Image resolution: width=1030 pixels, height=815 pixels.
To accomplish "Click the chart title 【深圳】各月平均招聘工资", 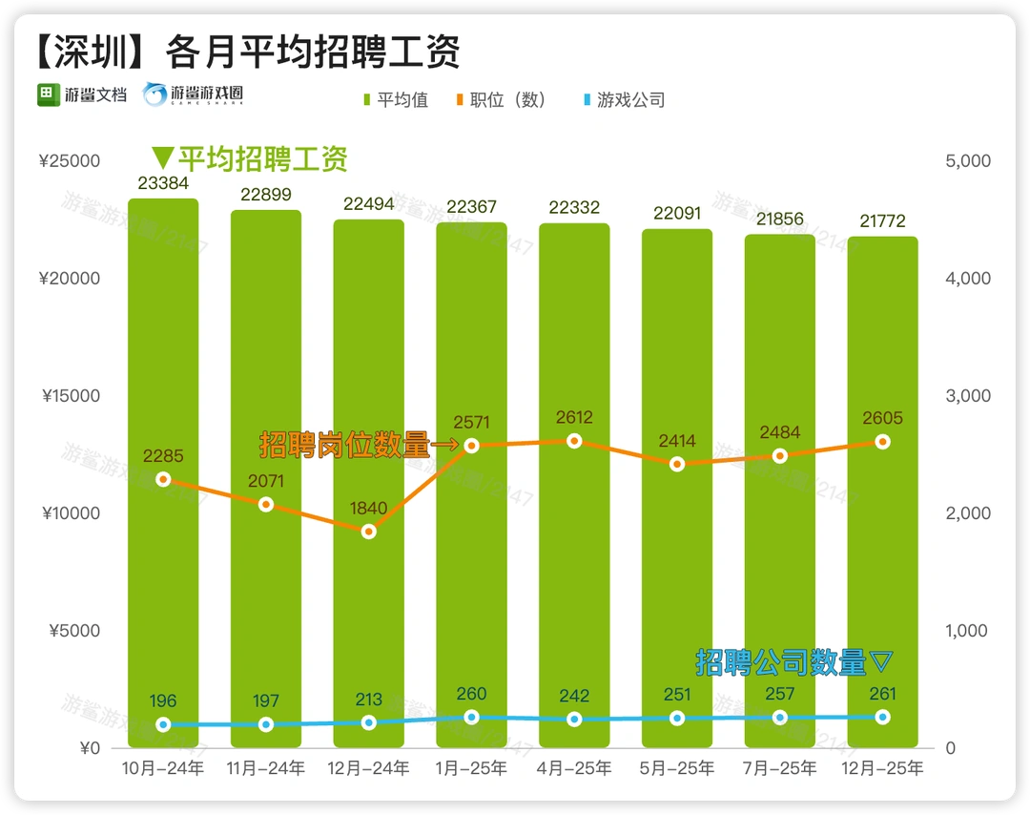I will pyautogui.click(x=249, y=52).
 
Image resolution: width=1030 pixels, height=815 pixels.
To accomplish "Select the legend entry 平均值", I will pyautogui.click(x=396, y=100).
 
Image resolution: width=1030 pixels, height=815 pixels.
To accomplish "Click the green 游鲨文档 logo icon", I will pyautogui.click(x=49, y=95).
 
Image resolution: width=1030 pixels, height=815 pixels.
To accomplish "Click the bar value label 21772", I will pyautogui.click(x=882, y=221).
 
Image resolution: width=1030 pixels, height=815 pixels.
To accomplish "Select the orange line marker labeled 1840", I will pyautogui.click(x=369, y=532).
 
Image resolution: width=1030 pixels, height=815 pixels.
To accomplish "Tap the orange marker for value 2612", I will pyautogui.click(x=574, y=441).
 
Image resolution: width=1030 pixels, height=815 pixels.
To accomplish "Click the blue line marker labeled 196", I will pyautogui.click(x=163, y=724).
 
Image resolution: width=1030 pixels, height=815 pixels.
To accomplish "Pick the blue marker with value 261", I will pyautogui.click(x=882, y=717).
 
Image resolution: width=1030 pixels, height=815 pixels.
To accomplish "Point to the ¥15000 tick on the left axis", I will pyautogui.click(x=71, y=396).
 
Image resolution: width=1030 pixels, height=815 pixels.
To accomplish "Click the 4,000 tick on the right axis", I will pyautogui.click(x=968, y=279).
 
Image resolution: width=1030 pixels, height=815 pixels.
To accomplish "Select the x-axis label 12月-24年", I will pyautogui.click(x=369, y=768).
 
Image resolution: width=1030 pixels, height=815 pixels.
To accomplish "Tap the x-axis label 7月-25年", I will pyautogui.click(x=780, y=768).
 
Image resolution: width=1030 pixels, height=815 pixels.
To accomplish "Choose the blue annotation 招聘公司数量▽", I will pyautogui.click(x=794, y=661).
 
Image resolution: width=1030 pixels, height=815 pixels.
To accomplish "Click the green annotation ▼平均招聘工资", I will pyautogui.click(x=250, y=158).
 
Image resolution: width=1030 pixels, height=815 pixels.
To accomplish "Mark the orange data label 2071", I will pyautogui.click(x=266, y=481).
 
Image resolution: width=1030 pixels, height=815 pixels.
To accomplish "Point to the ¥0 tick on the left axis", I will pyautogui.click(x=89, y=748).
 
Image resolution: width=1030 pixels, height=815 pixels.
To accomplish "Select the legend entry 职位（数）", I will pyautogui.click(x=507, y=100).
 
